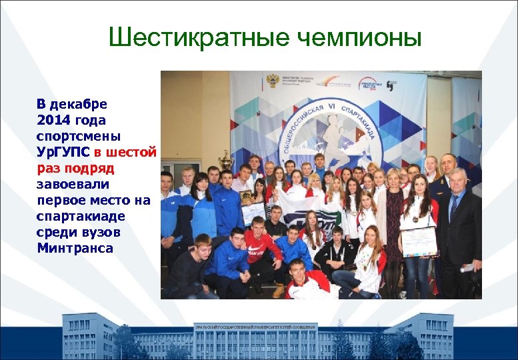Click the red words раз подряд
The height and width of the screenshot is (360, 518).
click(75, 168)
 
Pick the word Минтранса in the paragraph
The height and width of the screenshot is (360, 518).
click(75, 249)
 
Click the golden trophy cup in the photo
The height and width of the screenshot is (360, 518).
click(226, 160)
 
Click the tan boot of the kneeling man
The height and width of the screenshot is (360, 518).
click(279, 290)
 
